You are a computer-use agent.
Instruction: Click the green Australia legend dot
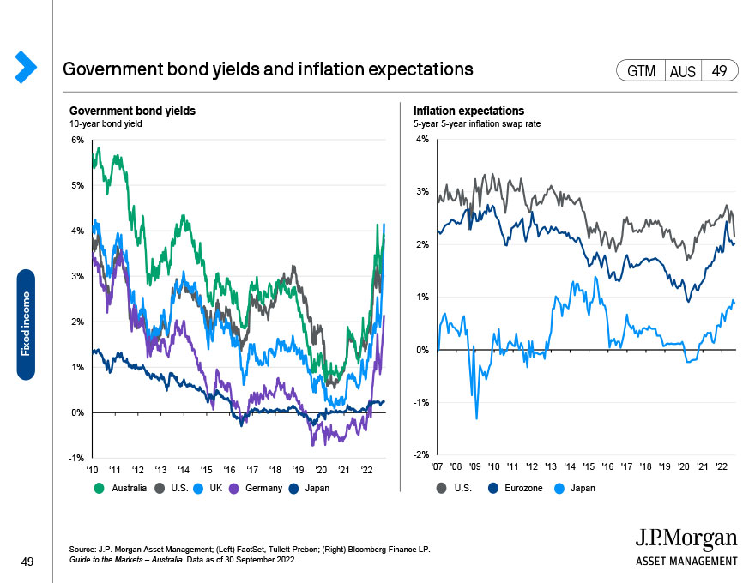tap(99, 488)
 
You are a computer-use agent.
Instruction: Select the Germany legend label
tap(263, 488)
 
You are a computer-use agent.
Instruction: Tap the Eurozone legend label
tap(523, 488)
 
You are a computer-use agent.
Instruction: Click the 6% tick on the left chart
tap(77, 140)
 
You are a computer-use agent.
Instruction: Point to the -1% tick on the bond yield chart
tap(76, 458)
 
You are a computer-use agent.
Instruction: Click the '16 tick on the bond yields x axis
tap(229, 470)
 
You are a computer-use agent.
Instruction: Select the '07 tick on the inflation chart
tap(438, 466)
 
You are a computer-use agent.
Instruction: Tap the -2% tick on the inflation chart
tap(421, 454)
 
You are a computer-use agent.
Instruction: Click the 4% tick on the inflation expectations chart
tap(422, 140)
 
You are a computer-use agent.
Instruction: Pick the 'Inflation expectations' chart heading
tap(468, 111)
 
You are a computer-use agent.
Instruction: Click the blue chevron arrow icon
tap(26, 67)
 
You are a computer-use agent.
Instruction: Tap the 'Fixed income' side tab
tap(26, 325)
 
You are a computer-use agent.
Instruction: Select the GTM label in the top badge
tap(642, 71)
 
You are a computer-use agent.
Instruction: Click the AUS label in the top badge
tap(683, 71)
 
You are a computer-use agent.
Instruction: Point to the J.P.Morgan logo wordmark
tap(686, 538)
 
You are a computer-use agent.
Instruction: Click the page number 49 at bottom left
tap(27, 562)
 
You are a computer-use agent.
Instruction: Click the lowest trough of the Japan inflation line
tap(477, 418)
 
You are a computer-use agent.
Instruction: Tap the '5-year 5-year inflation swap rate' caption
tap(477, 123)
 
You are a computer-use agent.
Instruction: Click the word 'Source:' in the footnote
tap(82, 550)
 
